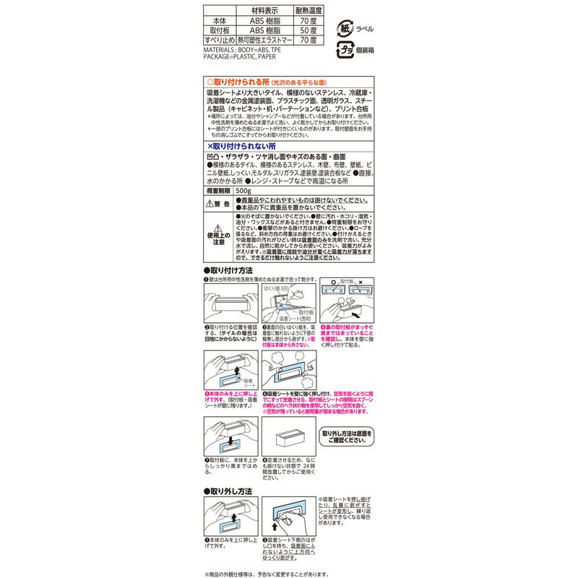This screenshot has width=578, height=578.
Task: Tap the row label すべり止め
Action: click(x=219, y=41)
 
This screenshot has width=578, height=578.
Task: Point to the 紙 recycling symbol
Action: click(x=345, y=28)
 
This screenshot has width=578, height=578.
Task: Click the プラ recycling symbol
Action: click(x=345, y=51)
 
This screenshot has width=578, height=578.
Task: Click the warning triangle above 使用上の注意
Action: click(x=220, y=227)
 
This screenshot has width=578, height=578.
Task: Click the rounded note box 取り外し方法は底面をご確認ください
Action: click(x=347, y=436)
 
